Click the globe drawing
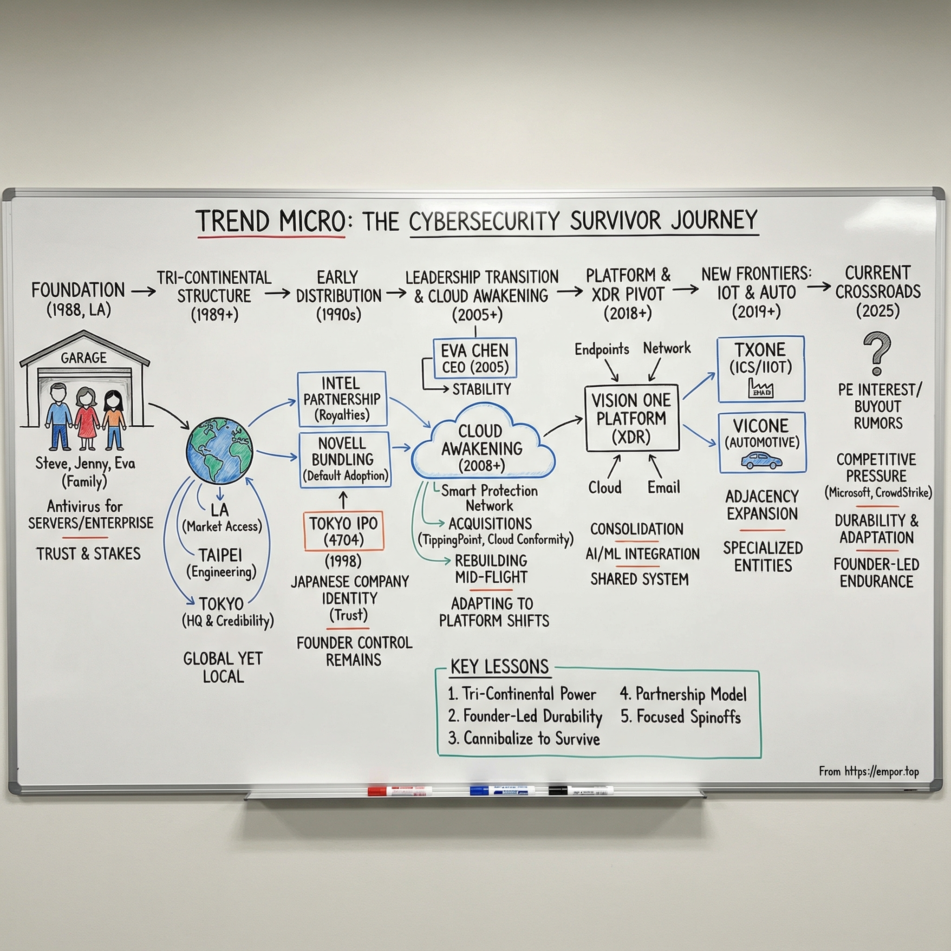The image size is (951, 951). coord(220,449)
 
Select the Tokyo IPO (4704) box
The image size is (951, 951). coord(343,531)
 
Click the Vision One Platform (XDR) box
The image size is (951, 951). coord(632,418)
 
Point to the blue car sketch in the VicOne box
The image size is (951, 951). coord(761,461)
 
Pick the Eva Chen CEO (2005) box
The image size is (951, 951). coord(475,358)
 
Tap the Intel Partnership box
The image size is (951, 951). coord(342,399)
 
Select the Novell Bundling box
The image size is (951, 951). coord(345,459)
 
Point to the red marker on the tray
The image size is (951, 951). coord(400,791)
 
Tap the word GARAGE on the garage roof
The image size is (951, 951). coord(84,358)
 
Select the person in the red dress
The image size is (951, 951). coord(87,418)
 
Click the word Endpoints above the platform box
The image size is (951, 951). coord(601,350)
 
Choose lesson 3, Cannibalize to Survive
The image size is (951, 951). coord(524,738)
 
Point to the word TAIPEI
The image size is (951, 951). coord(221,555)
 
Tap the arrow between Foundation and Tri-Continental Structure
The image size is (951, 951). coord(143,292)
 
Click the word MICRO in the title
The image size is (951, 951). coord(312,221)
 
